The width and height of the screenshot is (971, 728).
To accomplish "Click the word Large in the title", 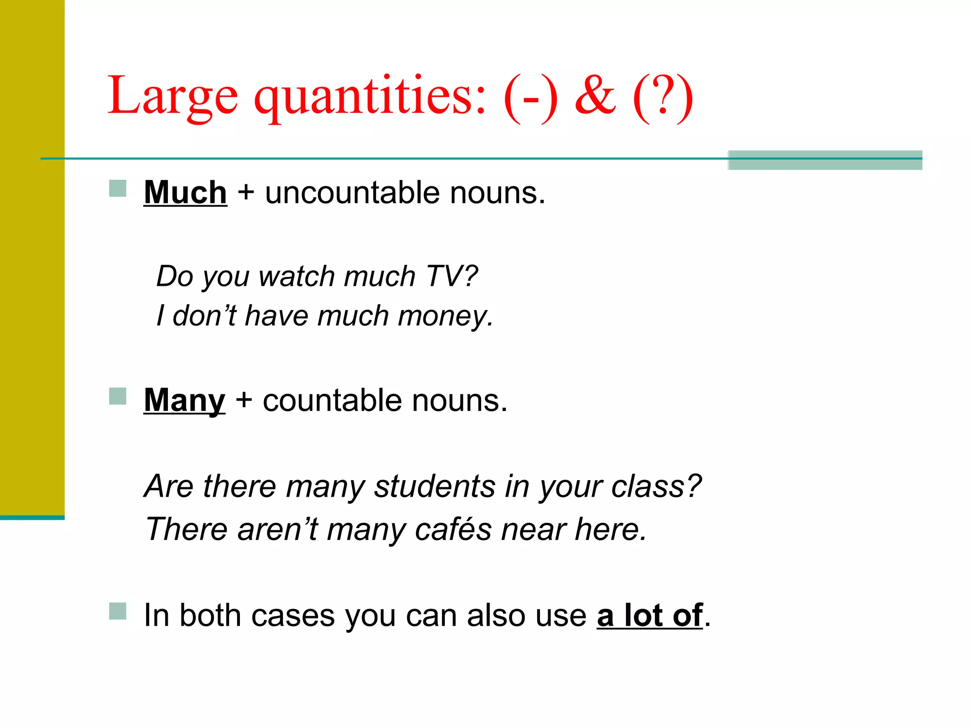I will (x=173, y=96).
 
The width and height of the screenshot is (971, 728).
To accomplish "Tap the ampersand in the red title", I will (x=595, y=96).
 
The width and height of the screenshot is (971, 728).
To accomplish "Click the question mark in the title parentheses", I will (x=663, y=96).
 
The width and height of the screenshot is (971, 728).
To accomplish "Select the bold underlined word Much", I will (x=185, y=193).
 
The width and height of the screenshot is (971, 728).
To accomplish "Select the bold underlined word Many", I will (x=184, y=400).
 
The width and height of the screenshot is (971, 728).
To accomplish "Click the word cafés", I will (x=453, y=529).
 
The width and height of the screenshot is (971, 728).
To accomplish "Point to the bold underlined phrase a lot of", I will (x=649, y=616).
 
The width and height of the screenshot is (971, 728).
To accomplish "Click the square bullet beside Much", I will (x=118, y=188).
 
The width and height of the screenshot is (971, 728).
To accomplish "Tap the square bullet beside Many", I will (x=118, y=396).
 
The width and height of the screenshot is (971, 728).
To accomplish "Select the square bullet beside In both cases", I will (x=118, y=611).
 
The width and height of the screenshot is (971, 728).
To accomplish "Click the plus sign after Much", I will (x=246, y=193).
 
